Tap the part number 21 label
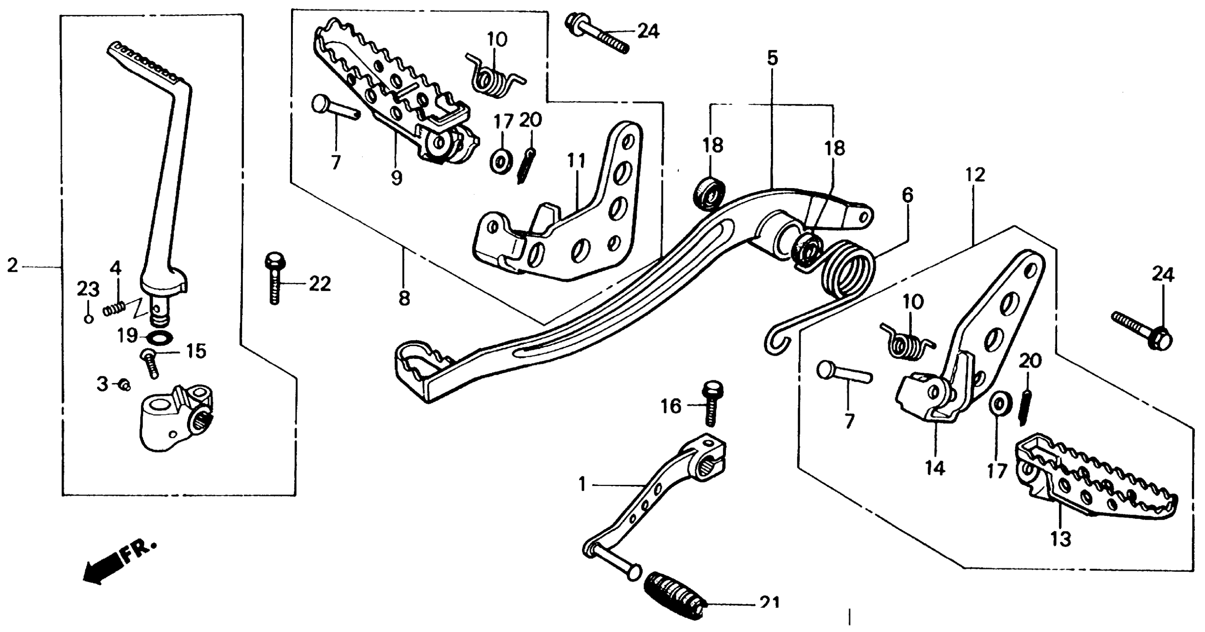pos(769,603)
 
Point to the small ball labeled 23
pos(88,319)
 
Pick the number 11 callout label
pos(576,161)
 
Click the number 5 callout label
pos(772,58)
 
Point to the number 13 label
pos(1060,539)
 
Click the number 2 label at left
pos(13,266)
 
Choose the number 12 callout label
pos(975,175)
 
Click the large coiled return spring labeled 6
pos(849,271)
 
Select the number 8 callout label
pos(404,297)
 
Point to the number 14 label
pos(935,467)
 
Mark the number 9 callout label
pos(396,178)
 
